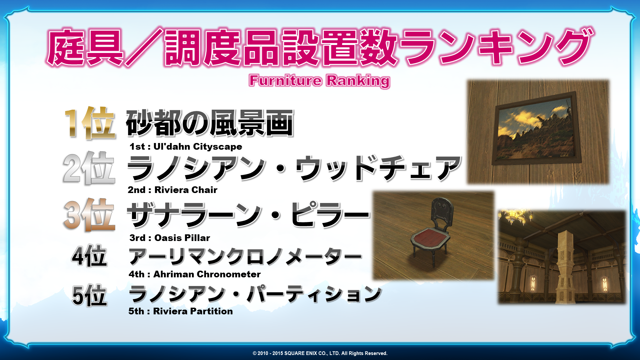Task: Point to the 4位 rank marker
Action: pyautogui.click(x=89, y=256)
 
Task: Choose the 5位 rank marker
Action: pyautogui.click(x=89, y=295)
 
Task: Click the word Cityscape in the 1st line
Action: pyautogui.click(x=218, y=147)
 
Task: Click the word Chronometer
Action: pyautogui.click(x=229, y=274)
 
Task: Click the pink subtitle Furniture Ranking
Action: pyautogui.click(x=319, y=81)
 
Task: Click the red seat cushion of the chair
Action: pyautogui.click(x=431, y=237)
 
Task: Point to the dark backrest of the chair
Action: pyautogui.click(x=442, y=211)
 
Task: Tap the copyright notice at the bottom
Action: pyautogui.click(x=320, y=353)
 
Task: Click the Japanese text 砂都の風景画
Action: pyautogui.click(x=210, y=123)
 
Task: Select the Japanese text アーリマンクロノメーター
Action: pyautogui.click(x=245, y=257)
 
